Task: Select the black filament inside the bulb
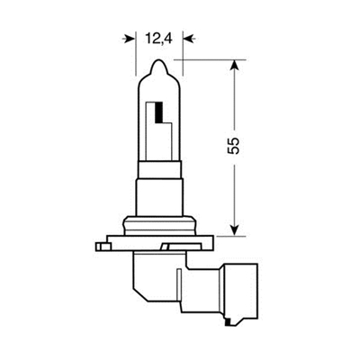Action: coord(160,113)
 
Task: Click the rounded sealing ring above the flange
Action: coord(160,220)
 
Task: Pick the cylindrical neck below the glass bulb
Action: coord(160,189)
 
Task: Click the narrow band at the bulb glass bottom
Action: coord(160,163)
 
